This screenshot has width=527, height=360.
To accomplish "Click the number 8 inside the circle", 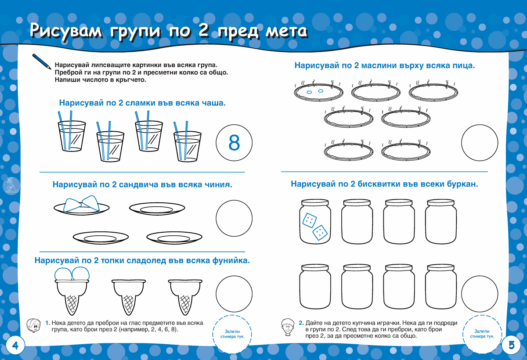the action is (x=234, y=143).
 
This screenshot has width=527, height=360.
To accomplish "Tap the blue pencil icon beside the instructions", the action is (x=41, y=61).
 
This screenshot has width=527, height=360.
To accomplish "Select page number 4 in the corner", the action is (x=15, y=346).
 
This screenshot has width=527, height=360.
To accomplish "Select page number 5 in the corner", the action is (x=512, y=345).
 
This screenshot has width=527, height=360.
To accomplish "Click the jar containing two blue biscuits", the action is (x=315, y=222).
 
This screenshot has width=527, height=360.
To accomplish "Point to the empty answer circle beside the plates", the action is (x=234, y=218).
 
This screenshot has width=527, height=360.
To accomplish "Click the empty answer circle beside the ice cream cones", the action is (x=234, y=294).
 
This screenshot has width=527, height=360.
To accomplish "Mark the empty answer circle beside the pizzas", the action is (x=480, y=143).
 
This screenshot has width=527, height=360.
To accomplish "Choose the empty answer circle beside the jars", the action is (x=480, y=294).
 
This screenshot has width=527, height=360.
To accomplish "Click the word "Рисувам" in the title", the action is (x=66, y=31).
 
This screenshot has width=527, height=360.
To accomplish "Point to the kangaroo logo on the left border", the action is (x=11, y=186).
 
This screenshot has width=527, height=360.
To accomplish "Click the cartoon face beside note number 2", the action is (x=288, y=327).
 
